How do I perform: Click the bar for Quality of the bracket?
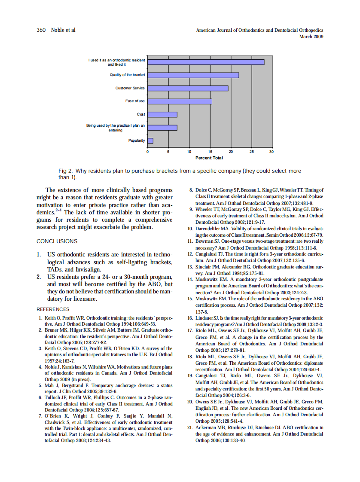(193, 75)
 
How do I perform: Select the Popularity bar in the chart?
(150, 140)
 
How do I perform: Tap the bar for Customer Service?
(188, 88)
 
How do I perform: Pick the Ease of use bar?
(180, 101)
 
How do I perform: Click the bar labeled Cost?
(162, 114)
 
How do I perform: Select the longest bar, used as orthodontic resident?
(206, 62)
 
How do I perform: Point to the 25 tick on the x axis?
(252, 152)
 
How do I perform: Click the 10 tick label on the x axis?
(189, 152)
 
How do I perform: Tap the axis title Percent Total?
(209, 158)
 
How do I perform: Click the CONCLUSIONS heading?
(57, 241)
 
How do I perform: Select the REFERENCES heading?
(53, 309)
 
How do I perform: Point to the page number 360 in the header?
(41, 30)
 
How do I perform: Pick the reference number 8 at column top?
(192, 190)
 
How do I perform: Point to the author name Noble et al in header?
(63, 30)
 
